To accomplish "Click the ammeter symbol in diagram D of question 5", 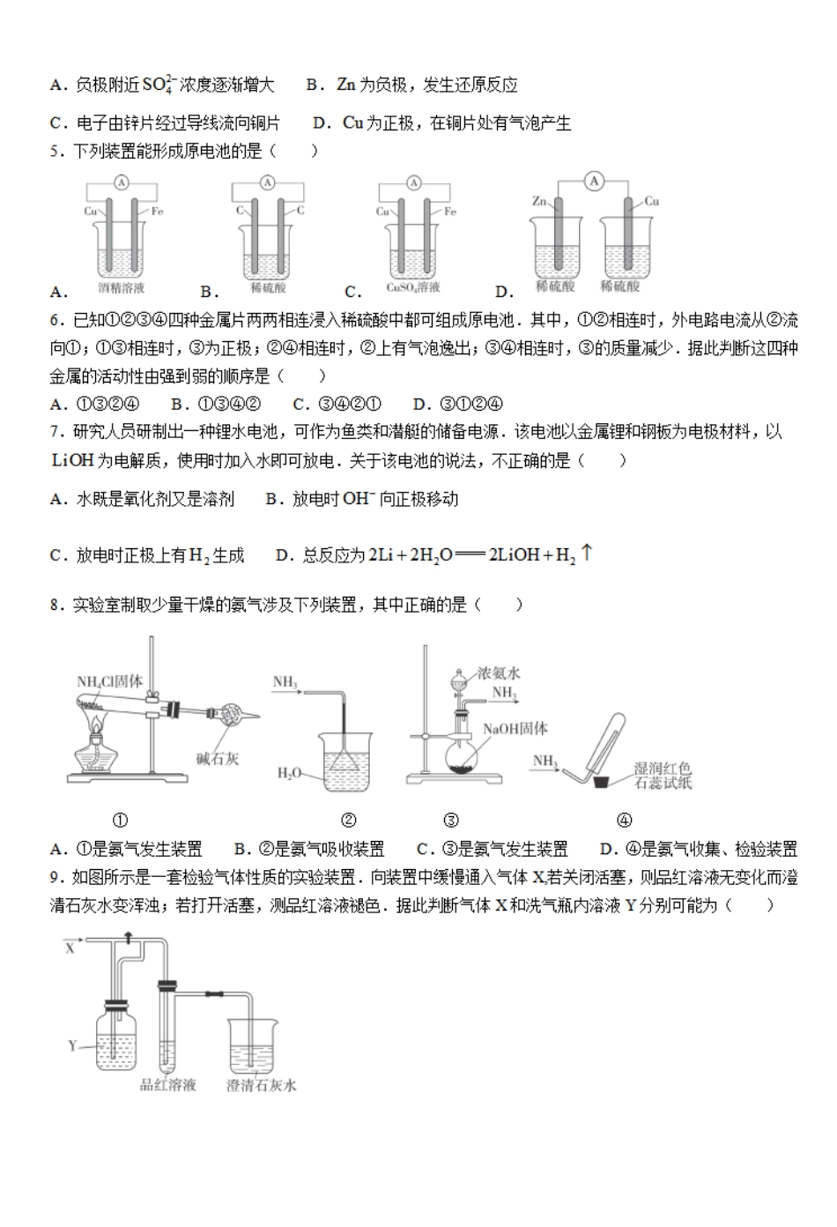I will [x=595, y=182].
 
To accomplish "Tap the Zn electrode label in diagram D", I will [x=539, y=202].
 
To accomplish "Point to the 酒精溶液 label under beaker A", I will [x=122, y=287].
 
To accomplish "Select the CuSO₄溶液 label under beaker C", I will [x=413, y=287].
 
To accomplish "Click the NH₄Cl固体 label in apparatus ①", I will [x=110, y=681].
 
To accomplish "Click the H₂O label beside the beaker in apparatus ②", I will [x=289, y=773].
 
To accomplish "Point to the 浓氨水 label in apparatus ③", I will [x=499, y=673].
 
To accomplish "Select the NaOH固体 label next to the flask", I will [x=515, y=729].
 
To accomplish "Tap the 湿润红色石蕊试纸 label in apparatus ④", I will [x=663, y=776].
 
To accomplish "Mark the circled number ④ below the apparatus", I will [x=624, y=820].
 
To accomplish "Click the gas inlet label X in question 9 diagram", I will [x=70, y=948].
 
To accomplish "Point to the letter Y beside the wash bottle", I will [x=73, y=1046].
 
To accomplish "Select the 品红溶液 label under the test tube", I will [x=168, y=1084].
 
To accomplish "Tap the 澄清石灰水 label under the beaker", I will [x=262, y=1085].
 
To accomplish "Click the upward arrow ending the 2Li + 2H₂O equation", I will [x=588, y=554].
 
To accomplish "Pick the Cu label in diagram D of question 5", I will [x=652, y=201].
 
